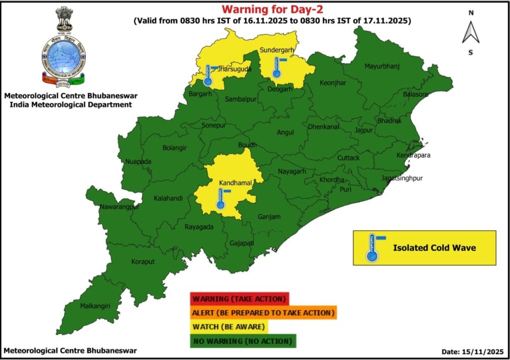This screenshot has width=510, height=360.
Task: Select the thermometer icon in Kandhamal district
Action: coord(221,198)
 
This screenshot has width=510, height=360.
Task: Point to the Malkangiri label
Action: coord(95,306)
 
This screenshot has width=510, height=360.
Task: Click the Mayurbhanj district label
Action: coord(382,66)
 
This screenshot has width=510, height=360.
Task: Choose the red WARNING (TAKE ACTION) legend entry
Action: coord(239,299)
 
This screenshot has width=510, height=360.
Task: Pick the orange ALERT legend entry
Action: coord(263,313)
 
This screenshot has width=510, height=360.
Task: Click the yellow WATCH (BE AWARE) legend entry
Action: coord(229,327)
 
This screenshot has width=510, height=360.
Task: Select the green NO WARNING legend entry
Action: coord(243,341)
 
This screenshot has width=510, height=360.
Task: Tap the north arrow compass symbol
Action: coord(470,32)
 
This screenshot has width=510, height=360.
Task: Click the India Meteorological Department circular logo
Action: coord(63,55)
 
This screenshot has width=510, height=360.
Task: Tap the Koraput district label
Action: coord(143,261)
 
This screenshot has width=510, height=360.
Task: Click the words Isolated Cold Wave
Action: coord(434,247)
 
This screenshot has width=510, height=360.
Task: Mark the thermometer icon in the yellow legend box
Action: coord(372,248)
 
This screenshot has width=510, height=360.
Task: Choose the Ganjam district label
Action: coord(269,217)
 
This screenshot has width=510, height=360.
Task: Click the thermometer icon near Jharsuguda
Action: coord(208,75)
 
